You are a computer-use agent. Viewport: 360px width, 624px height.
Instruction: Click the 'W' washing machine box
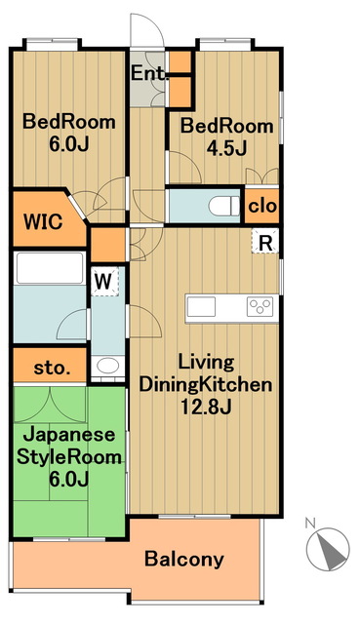tap(102, 281)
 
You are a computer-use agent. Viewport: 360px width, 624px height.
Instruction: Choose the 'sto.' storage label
tap(53, 368)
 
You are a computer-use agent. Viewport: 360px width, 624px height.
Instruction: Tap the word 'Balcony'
tap(184, 560)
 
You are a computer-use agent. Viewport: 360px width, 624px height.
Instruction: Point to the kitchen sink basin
tap(202, 307)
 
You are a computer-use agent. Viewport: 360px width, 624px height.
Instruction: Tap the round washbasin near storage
tap(107, 368)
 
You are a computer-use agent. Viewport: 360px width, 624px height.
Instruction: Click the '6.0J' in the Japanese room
tap(67, 478)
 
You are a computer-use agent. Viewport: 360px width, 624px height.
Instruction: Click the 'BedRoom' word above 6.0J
tap(69, 123)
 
